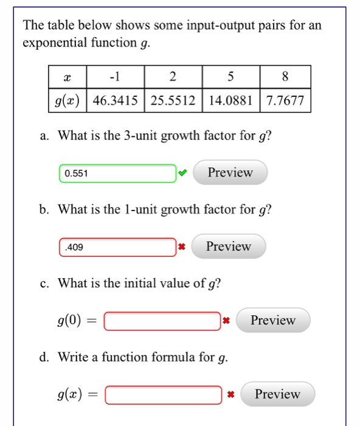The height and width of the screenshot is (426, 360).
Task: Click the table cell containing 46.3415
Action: coord(116,100)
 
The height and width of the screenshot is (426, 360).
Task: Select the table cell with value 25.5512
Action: coord(173,100)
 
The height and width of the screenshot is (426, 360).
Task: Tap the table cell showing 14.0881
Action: coord(230,100)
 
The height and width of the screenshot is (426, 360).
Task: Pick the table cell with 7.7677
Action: coord(285,100)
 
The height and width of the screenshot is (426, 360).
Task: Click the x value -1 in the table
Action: coord(116,77)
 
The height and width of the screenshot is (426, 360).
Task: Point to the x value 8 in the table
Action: coord(285,77)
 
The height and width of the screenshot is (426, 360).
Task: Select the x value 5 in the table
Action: coord(230,77)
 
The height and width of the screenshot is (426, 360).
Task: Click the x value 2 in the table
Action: coord(173,77)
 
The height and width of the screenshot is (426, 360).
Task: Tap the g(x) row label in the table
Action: coord(67,100)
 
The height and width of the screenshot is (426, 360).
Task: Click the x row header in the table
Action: coord(67,77)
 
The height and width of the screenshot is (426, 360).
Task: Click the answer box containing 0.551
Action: coord(117,173)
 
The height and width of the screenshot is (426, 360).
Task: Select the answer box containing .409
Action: coord(117,247)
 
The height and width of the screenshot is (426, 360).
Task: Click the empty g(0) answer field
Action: coord(162,321)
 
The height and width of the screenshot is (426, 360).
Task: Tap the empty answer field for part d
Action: coord(162,394)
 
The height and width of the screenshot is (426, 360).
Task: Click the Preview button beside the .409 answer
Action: coord(228,246)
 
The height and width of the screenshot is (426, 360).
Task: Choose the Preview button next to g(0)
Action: coord(272,320)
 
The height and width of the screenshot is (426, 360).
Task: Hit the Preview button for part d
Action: coord(277,394)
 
